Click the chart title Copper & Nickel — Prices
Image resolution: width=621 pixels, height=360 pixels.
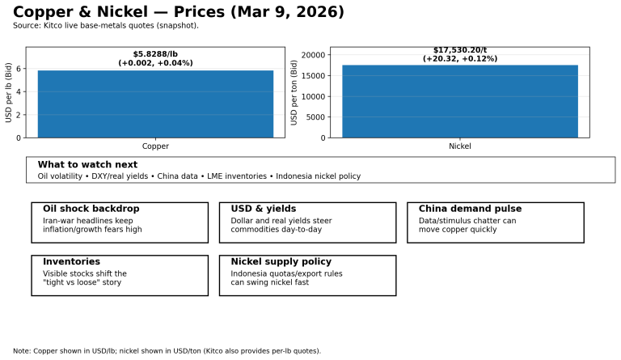coord(179,12)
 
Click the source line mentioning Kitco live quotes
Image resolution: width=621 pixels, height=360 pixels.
coord(106,26)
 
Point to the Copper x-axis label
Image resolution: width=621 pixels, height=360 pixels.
coord(155,146)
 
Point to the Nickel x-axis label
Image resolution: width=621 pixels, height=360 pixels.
coord(459,146)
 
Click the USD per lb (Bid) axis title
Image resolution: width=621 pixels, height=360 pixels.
coord(9,92)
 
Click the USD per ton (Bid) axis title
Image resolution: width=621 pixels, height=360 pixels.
coord(294,92)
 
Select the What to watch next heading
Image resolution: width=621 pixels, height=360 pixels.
coord(87,165)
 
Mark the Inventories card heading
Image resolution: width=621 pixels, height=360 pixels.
coord(71,262)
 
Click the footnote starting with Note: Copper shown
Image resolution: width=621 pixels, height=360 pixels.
coord(167,351)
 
